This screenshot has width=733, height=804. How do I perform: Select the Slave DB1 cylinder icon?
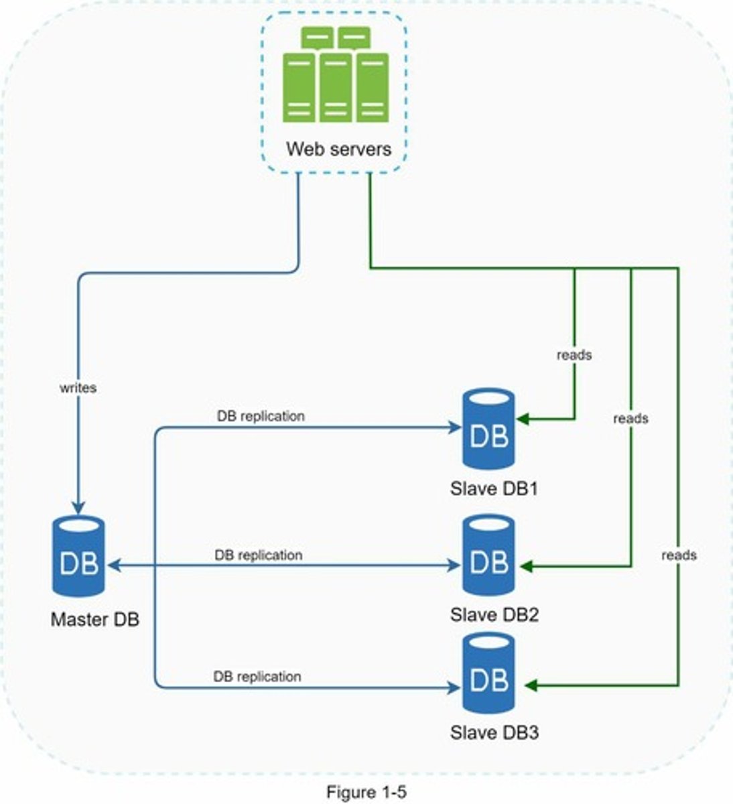488,429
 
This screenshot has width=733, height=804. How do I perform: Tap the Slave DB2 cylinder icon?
488,555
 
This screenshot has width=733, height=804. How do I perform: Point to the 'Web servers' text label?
338,148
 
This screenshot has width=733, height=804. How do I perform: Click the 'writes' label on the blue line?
78,387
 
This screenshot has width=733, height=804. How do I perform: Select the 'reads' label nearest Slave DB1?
574,354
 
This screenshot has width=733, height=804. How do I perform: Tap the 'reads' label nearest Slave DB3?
679,555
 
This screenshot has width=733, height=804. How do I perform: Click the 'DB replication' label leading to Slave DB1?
261,416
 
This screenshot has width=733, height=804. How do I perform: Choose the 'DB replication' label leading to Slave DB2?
259,555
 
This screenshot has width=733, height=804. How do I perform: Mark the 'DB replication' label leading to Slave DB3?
257,676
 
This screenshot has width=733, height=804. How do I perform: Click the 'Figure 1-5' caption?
366,792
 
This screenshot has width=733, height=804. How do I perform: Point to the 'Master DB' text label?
95,619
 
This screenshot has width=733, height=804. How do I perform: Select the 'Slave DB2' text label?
494,614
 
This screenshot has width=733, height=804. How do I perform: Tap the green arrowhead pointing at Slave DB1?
524,419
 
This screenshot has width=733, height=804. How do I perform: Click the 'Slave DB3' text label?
494,732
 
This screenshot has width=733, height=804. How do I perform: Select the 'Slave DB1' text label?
494,488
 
